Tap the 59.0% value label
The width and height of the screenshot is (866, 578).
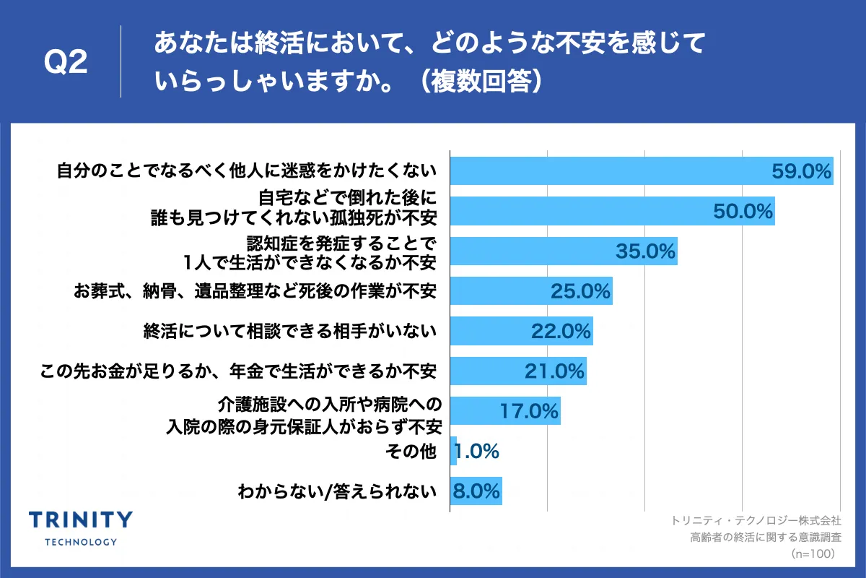[x=802, y=171]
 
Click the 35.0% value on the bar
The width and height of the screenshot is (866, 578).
[x=645, y=251]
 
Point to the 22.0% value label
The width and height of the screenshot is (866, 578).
[x=561, y=332]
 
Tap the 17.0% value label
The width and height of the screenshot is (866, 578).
[x=529, y=412]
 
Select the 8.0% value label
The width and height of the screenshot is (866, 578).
[x=476, y=492]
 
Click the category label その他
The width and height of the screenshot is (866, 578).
[x=411, y=452]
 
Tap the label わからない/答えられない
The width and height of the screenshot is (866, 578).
[x=337, y=493]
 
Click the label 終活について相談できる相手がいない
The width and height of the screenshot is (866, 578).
[x=290, y=332]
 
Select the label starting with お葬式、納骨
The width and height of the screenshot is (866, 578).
[x=255, y=292]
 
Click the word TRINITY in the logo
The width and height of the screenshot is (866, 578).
[x=80, y=519]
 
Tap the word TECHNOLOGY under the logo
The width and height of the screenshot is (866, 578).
[x=80, y=541]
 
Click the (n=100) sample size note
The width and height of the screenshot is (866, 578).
[x=813, y=553]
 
